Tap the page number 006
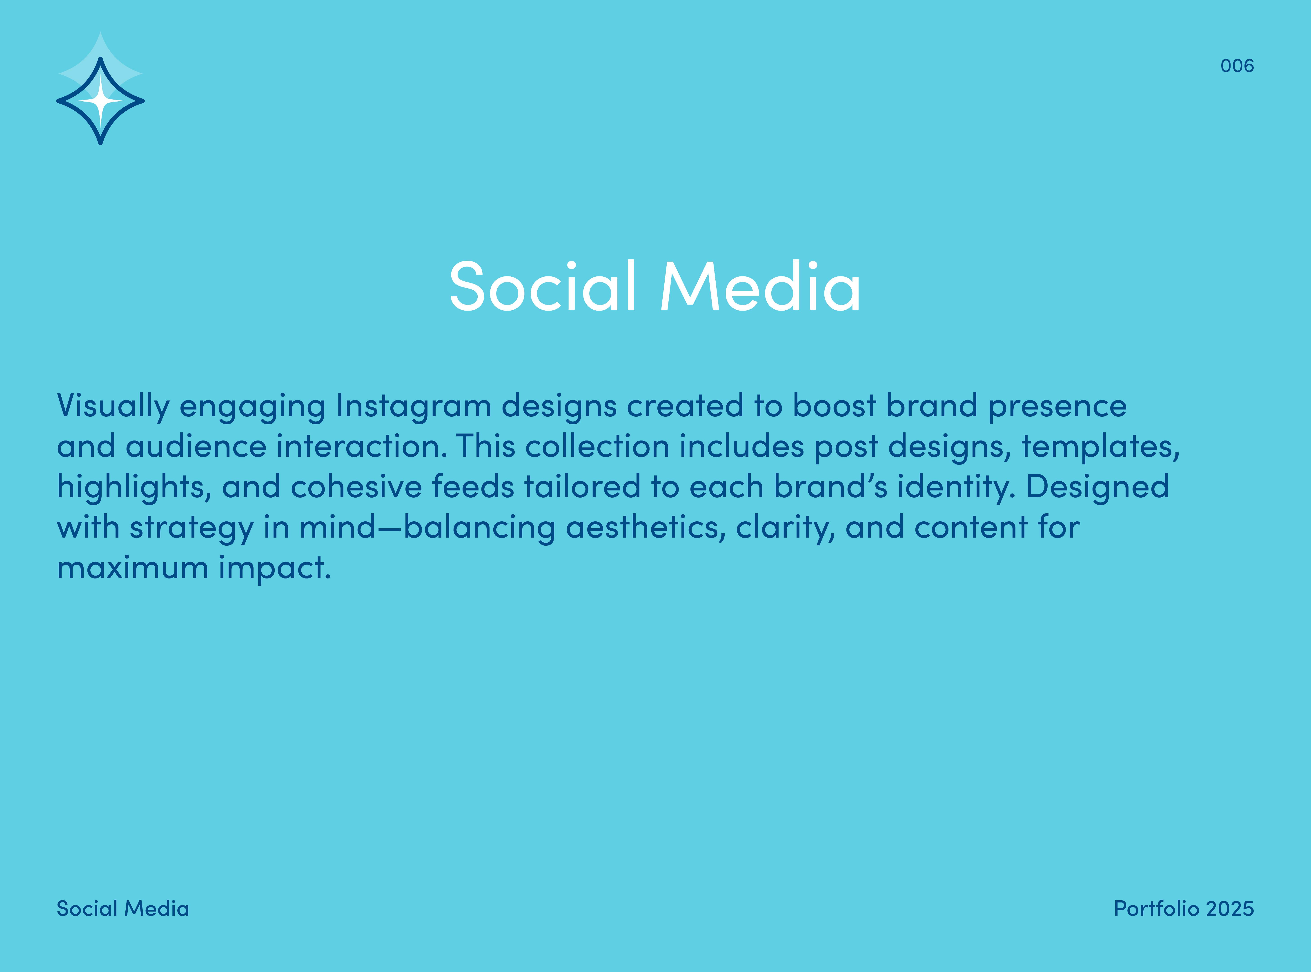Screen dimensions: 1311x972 1237,65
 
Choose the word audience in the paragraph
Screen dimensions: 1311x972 196,446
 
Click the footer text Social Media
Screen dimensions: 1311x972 123,908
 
